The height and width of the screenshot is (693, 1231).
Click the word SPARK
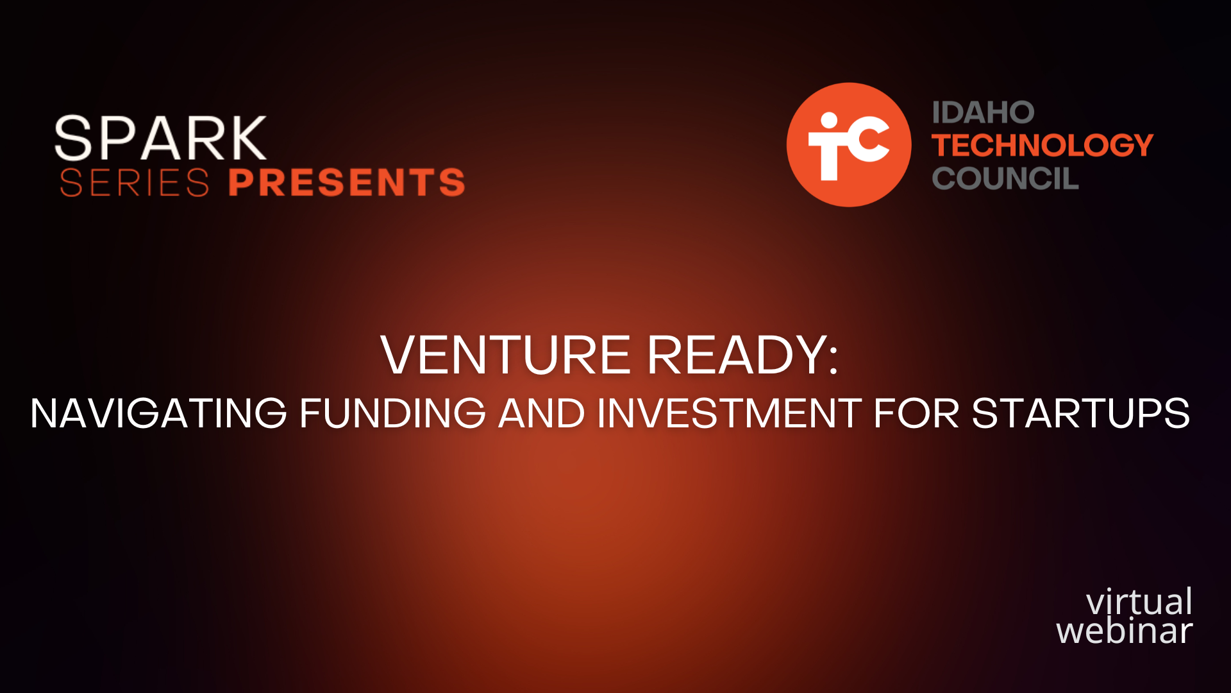pos(160,138)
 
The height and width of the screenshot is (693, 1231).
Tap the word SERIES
pos(135,183)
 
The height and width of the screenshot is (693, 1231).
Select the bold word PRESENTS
pos(347,182)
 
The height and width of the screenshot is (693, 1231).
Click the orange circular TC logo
pos(849,144)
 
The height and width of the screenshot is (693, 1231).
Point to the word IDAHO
pos(983,113)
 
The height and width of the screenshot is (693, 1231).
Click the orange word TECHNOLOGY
pos(1043,145)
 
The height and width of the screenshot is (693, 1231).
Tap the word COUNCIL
pos(1005,178)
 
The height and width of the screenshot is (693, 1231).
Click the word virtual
pos(1139,602)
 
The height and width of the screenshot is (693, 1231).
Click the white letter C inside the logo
pos(866,142)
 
